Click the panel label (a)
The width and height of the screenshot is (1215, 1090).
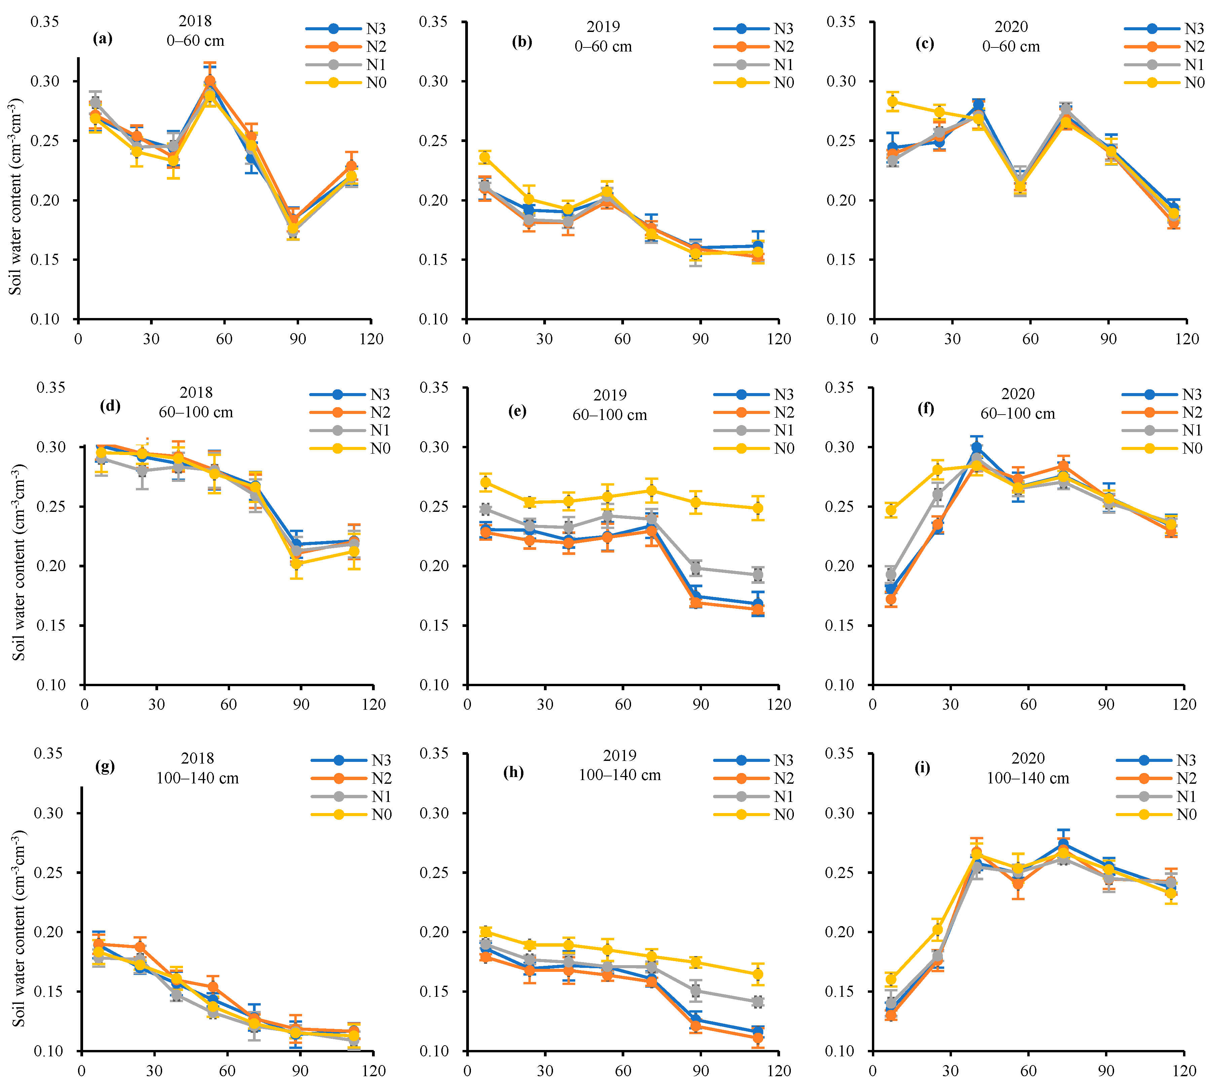click(x=102, y=39)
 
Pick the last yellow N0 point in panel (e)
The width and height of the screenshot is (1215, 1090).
click(x=758, y=508)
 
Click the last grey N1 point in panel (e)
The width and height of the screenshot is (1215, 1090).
click(x=758, y=575)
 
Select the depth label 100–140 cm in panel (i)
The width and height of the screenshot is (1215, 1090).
click(x=1028, y=778)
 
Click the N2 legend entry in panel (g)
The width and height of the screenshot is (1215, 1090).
click(x=381, y=779)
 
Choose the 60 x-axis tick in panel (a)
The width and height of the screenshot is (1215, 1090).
click(x=224, y=339)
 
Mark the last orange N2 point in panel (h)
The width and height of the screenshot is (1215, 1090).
click(x=758, y=1038)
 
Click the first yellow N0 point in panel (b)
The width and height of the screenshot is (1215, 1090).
click(x=485, y=157)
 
